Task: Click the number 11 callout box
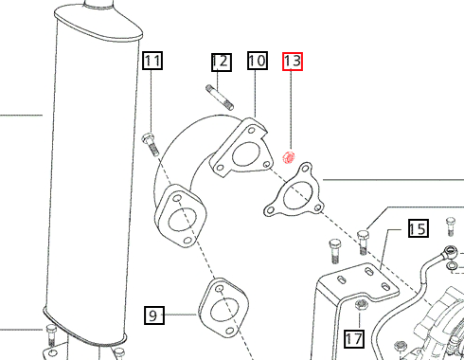[152, 63]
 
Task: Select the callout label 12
[220, 63]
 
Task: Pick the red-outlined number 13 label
[293, 63]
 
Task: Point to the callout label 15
[418, 228]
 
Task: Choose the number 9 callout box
[154, 314]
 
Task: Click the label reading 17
[353, 338]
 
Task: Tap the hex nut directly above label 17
[360, 304]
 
